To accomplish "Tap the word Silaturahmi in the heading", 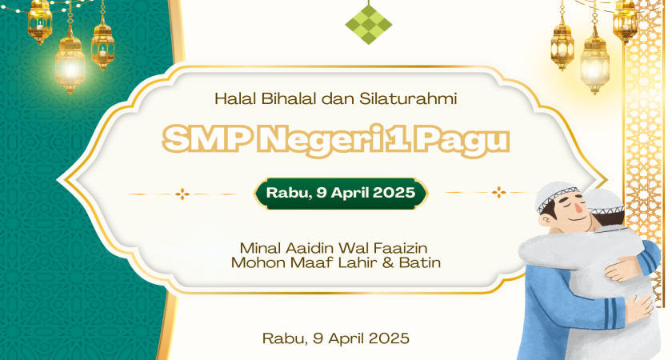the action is coord(408,99).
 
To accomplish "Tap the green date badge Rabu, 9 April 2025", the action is coord(341,193).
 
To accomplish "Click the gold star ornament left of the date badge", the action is coord(182,194).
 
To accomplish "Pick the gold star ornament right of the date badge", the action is coord(498,193).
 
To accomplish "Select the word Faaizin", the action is coord(400,248).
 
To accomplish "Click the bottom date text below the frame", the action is coord(336,338).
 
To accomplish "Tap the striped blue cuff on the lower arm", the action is coord(613,312).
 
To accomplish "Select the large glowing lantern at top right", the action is coord(594,64).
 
